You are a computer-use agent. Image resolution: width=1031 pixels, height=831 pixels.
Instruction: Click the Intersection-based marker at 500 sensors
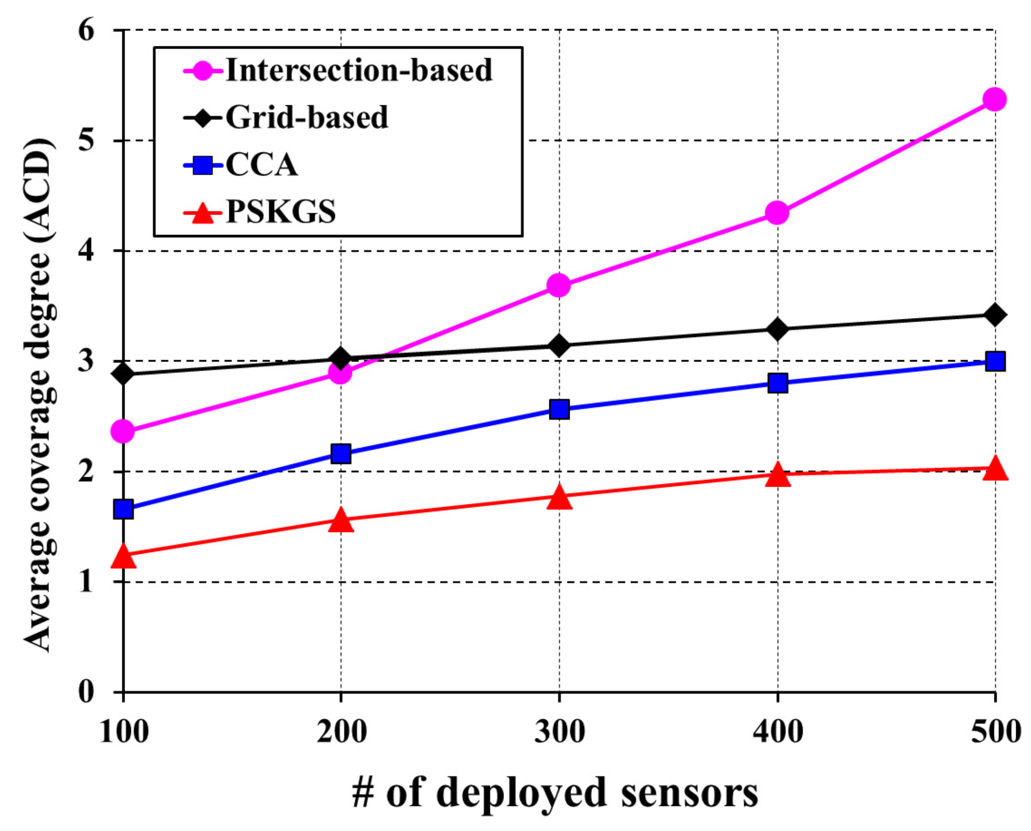click(x=994, y=100)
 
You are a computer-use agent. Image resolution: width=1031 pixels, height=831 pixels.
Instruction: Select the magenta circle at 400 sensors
click(x=777, y=212)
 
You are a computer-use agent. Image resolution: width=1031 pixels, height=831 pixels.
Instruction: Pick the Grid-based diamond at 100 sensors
click(x=124, y=374)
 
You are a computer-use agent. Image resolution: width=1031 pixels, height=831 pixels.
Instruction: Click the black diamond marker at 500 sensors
click(x=994, y=315)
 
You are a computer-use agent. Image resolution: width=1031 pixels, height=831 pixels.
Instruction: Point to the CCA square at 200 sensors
click(x=340, y=453)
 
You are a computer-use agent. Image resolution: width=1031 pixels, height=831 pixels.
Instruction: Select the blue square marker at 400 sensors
click(x=777, y=383)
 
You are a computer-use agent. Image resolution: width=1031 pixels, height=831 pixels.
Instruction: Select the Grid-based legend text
click(x=307, y=118)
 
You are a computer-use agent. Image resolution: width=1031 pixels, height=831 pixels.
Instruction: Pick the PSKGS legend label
click(x=281, y=212)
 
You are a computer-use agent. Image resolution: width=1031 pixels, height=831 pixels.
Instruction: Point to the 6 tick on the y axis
click(x=87, y=31)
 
